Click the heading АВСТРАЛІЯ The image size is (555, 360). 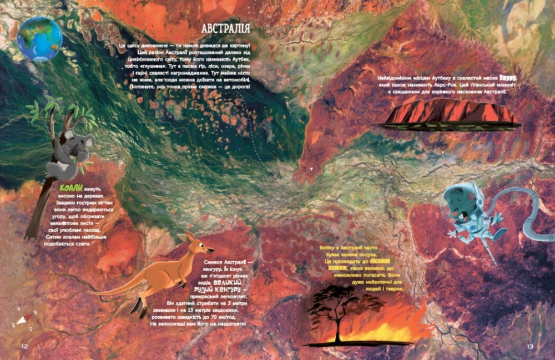(225, 28)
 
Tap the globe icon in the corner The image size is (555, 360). (40, 39)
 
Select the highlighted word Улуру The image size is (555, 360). (507, 79)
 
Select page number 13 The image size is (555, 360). (529, 346)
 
